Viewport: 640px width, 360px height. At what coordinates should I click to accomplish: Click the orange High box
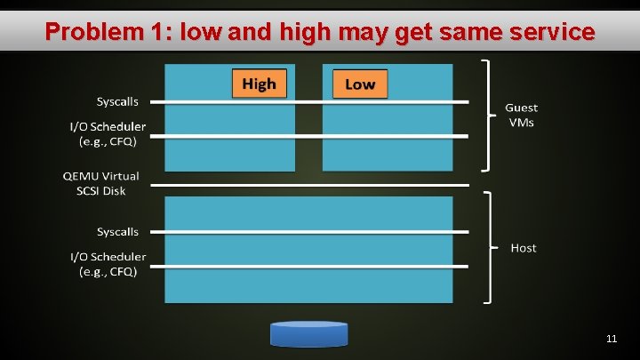click(259, 84)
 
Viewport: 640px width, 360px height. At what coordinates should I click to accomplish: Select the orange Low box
click(359, 84)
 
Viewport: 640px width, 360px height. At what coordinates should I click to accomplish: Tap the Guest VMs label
click(521, 115)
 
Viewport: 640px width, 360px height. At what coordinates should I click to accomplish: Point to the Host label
click(524, 248)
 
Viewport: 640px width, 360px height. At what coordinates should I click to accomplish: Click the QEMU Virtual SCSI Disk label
click(100, 183)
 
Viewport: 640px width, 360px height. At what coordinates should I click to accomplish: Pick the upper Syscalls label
click(117, 102)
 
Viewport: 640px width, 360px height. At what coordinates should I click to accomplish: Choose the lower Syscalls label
click(117, 232)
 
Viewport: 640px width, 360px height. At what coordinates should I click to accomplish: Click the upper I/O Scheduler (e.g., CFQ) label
click(108, 134)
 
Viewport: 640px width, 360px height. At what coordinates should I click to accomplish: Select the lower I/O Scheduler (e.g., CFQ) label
click(108, 264)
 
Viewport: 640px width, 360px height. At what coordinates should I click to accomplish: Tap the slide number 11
click(611, 339)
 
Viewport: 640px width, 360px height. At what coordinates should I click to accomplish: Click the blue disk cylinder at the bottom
click(309, 333)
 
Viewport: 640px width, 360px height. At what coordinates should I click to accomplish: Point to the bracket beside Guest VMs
click(486, 115)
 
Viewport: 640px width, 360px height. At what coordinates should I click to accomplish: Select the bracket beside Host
click(486, 248)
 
